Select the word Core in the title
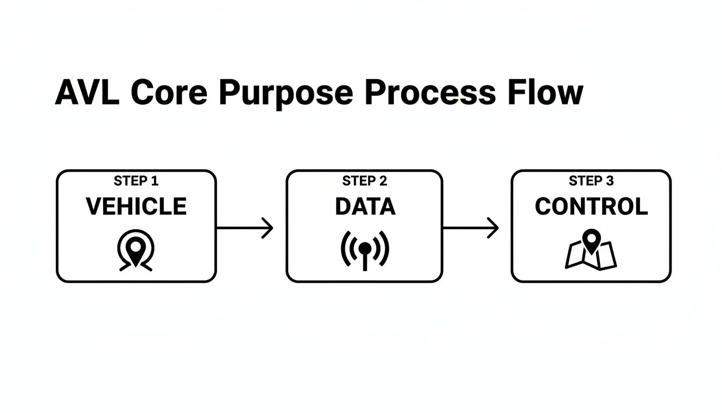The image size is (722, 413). [169, 92]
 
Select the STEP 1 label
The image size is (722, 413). [136, 181]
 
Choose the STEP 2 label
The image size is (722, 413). [365, 181]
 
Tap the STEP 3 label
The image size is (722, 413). [591, 181]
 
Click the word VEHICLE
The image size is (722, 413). [136, 206]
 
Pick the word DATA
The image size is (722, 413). [365, 206]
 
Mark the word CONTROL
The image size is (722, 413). [591, 206]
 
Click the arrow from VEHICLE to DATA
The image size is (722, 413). [244, 228]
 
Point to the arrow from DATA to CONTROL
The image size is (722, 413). [471, 228]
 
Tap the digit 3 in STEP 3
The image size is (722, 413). [610, 181]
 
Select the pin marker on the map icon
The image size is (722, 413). [591, 240]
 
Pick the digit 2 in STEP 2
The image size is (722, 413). [383, 181]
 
